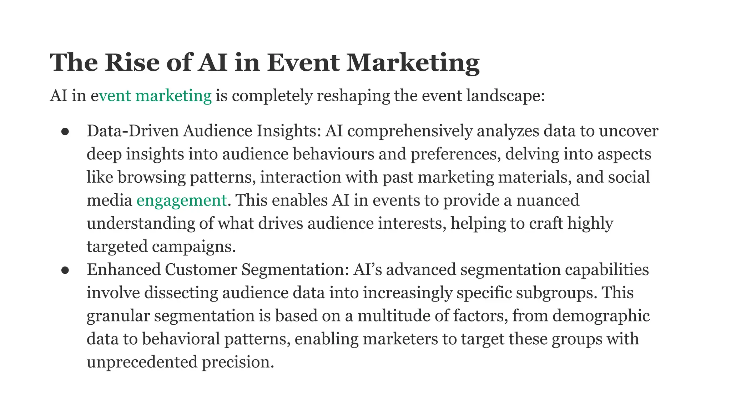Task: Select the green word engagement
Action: pos(181,200)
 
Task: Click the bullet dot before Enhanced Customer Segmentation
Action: pos(65,270)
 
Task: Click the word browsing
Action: pos(152,177)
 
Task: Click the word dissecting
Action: pos(181,293)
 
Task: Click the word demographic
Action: pos(601,316)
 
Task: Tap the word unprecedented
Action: pos(142,362)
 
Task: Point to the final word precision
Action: pos(237,362)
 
